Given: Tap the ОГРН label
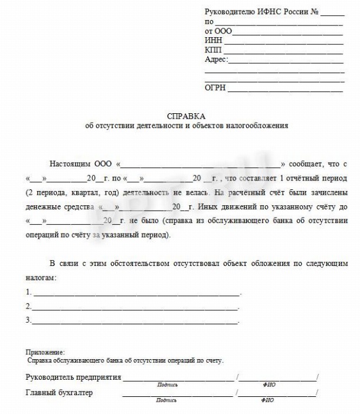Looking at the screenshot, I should [x=215, y=88].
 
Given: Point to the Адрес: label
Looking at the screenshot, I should [x=216, y=60].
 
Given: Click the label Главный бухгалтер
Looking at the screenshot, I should [x=59, y=392].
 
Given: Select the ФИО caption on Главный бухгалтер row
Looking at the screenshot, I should [x=269, y=400].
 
